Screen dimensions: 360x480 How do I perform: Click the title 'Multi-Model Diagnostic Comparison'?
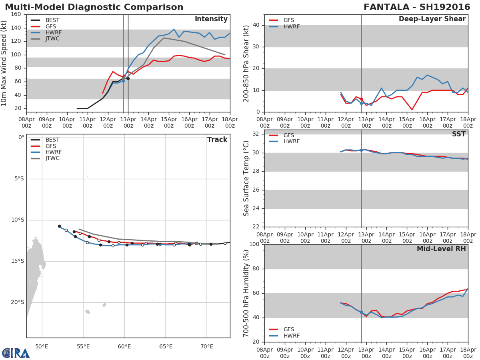tap(94, 7)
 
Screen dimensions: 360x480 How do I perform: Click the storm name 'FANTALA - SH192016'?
tap(417, 7)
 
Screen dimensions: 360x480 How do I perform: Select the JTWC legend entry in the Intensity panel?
tap(52, 39)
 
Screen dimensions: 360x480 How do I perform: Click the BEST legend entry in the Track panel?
tap(52, 140)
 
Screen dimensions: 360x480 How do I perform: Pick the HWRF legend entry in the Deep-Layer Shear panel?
tap(291, 26)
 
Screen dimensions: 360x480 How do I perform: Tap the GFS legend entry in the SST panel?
tap(288, 135)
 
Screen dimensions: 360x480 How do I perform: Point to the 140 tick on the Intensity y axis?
tap(16, 28)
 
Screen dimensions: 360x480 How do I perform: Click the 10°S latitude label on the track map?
tap(18, 220)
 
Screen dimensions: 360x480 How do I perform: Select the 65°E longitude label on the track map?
tap(166, 346)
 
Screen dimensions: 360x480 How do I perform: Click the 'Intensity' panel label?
tap(211, 19)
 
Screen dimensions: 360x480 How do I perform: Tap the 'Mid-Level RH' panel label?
tap(441, 249)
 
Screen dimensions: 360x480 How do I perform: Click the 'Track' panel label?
tap(217, 140)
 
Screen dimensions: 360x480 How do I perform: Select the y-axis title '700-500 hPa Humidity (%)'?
tap(246, 293)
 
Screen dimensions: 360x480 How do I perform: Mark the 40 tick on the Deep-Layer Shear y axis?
tap(257, 25)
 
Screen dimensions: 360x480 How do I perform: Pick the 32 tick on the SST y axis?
tap(257, 134)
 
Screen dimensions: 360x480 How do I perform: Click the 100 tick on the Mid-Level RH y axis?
tap(255, 244)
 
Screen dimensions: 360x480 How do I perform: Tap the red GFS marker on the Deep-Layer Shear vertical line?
tap(361, 99)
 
